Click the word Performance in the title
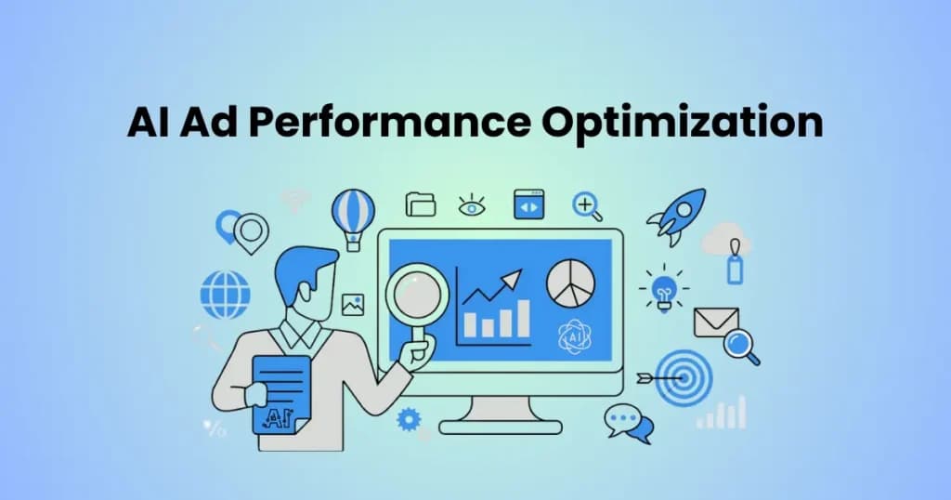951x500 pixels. coord(389,123)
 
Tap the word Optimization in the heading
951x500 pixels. coord(682,122)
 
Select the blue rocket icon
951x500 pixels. coord(677,216)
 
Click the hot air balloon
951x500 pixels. coord(353,219)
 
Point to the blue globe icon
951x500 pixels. coord(225,295)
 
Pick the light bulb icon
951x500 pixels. coord(664,289)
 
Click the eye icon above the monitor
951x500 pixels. coord(472,205)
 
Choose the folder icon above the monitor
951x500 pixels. coord(421,204)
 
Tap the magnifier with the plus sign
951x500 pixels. coord(587,206)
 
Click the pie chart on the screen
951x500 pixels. coord(571,283)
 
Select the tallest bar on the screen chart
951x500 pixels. coord(522,319)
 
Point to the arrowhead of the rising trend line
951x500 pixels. coord(513,279)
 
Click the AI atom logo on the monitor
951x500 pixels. coord(574,336)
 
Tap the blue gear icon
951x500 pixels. coord(409,419)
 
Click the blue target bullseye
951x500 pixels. coord(684,378)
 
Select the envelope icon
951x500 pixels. coord(716,322)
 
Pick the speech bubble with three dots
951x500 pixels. coord(622,419)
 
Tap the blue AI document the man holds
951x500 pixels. coord(280,394)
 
